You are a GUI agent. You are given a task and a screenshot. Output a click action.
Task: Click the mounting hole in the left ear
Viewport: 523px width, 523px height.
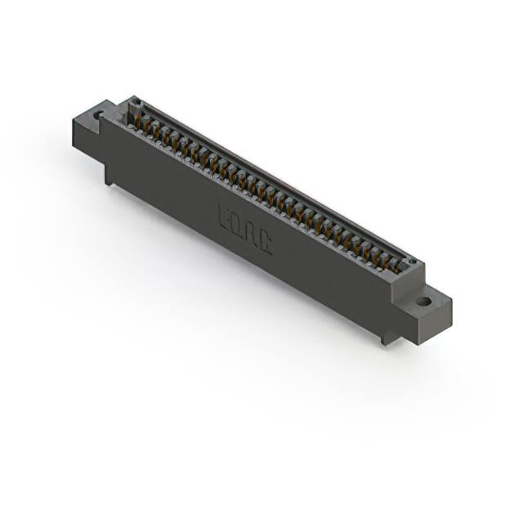100,115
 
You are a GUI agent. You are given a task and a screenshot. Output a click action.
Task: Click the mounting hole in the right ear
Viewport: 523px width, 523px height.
422,301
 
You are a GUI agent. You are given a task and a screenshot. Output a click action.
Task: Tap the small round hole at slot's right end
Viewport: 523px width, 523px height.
413,263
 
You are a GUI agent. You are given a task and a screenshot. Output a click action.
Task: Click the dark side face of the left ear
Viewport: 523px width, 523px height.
86,139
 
